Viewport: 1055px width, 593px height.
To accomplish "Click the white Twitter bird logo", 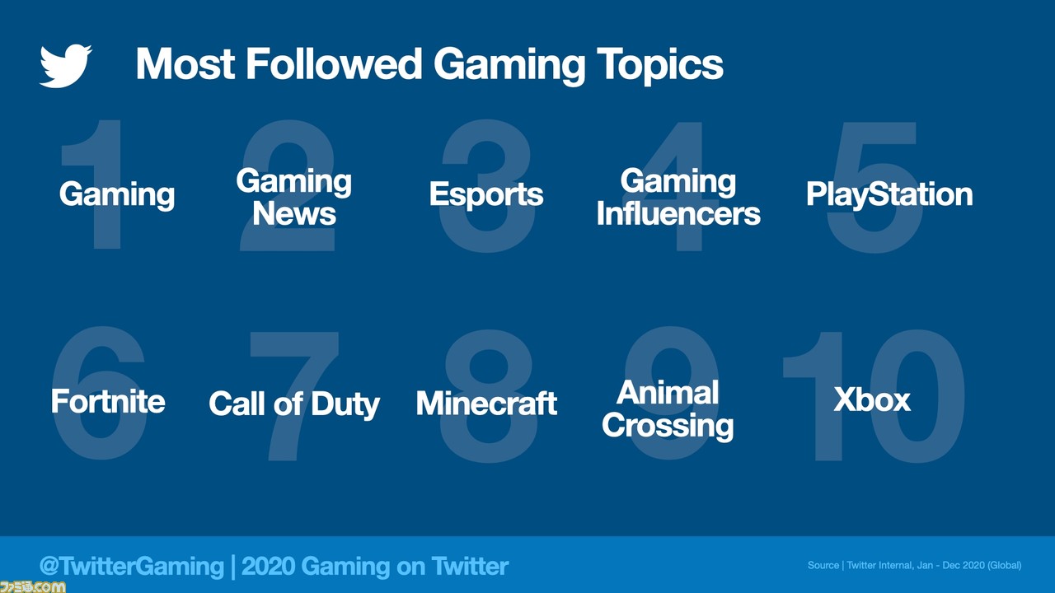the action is [x=65, y=66].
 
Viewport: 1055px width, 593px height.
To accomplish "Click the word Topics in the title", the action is [x=659, y=66].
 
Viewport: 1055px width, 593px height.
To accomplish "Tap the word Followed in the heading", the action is [x=334, y=64].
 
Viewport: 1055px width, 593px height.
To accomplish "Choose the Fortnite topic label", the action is [x=108, y=401].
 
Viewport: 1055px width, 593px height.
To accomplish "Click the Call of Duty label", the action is [x=294, y=404].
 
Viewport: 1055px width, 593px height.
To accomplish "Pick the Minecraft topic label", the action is [x=486, y=404].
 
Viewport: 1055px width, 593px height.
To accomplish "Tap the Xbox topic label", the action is [x=872, y=400].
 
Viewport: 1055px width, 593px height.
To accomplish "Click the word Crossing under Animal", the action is [x=668, y=427].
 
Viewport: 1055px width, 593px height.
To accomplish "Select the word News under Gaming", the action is [x=294, y=214].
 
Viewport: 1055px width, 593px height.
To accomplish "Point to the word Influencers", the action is [x=678, y=214].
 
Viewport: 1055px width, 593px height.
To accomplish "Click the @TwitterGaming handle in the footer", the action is [x=131, y=566].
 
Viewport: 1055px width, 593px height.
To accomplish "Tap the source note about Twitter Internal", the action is [x=914, y=565].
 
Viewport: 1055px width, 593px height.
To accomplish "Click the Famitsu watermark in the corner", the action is [x=33, y=586].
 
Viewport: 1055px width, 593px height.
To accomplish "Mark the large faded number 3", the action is [x=487, y=186].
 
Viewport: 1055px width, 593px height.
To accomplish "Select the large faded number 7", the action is [x=294, y=396].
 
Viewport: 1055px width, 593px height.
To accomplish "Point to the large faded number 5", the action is [x=874, y=187].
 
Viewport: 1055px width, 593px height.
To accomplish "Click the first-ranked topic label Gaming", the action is [x=117, y=195].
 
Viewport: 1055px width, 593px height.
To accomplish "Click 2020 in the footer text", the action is [x=267, y=566].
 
